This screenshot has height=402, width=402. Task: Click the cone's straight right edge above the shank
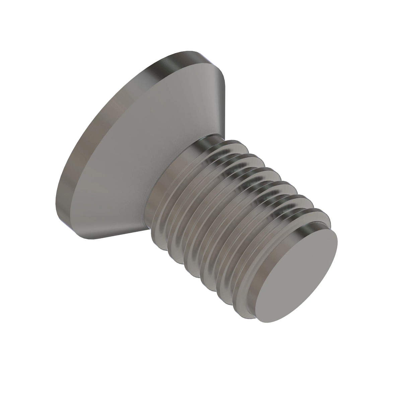214,100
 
